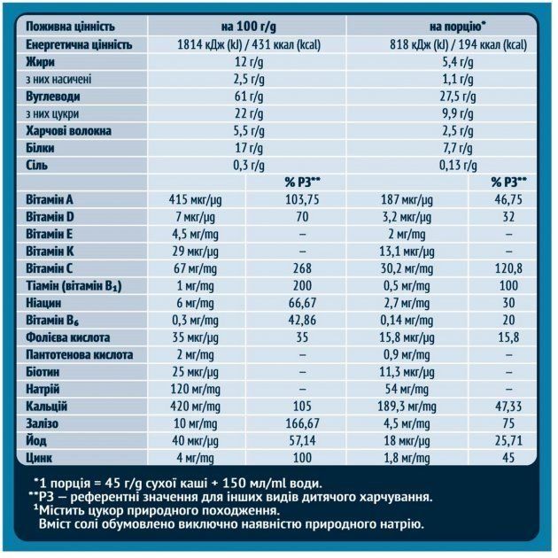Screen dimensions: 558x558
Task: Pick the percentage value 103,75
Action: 302,199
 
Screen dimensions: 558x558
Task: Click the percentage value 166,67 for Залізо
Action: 302,423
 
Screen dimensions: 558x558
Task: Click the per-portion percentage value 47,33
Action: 508,406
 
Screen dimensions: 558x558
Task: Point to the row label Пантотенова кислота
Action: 80,354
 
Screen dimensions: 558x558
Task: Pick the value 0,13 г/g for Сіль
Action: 452,165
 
